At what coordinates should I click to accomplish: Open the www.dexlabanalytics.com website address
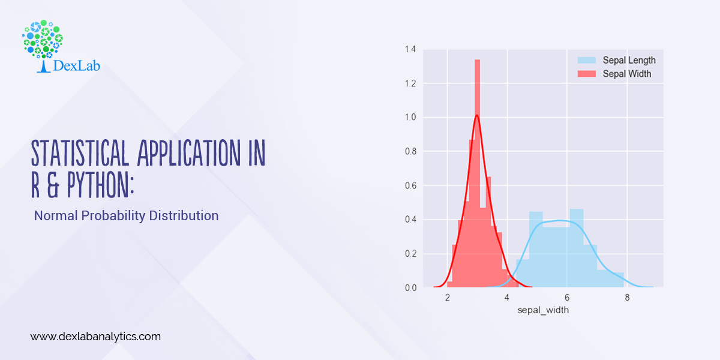pyautogui.click(x=95, y=337)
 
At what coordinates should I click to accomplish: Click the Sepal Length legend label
pyautogui.click(x=629, y=60)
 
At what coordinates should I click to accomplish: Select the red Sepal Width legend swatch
pyautogui.click(x=587, y=74)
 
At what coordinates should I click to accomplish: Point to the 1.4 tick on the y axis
pyautogui.click(x=410, y=49)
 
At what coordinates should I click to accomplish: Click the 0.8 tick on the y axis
pyautogui.click(x=410, y=151)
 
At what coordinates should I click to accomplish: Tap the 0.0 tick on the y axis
pyautogui.click(x=410, y=288)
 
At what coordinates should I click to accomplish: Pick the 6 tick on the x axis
pyautogui.click(x=567, y=299)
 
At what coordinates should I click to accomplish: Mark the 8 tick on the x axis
pyautogui.click(x=626, y=299)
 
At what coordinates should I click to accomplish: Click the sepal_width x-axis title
pyautogui.click(x=543, y=310)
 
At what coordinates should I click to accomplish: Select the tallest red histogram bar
pyautogui.click(x=478, y=174)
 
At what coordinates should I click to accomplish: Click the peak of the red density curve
pyautogui.click(x=476, y=115)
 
